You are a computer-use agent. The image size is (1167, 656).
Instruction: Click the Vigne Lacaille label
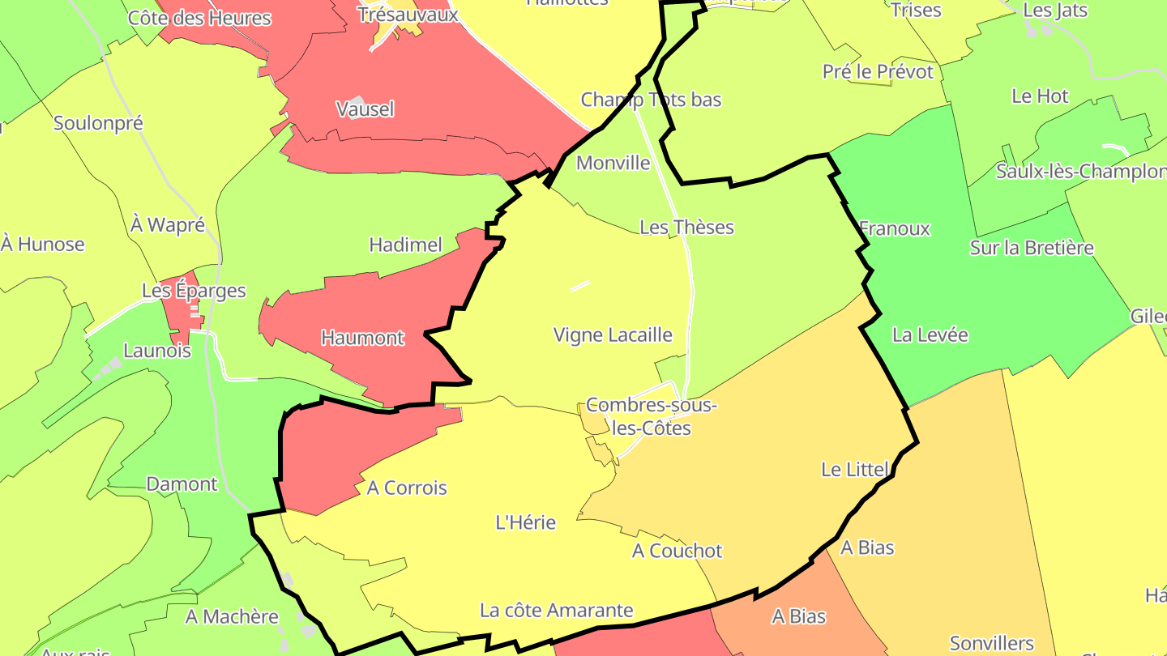point(613,334)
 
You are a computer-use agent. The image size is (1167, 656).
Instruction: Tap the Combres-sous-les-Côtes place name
point(652,416)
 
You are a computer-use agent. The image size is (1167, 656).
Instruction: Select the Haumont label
point(362,338)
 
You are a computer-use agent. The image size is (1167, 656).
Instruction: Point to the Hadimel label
point(405,245)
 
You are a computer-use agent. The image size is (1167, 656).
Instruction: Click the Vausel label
point(365,109)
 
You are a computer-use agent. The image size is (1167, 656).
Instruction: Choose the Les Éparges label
point(194,291)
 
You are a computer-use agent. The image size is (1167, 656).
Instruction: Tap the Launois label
point(157,351)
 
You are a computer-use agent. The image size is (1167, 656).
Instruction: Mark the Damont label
point(182,484)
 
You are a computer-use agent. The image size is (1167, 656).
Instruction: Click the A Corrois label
point(407,488)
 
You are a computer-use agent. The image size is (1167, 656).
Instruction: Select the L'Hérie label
point(526,522)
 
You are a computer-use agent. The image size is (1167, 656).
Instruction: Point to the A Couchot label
point(677,551)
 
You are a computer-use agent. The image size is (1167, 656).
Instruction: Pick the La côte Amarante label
point(556,610)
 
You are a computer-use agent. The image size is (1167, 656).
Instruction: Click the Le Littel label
point(855,469)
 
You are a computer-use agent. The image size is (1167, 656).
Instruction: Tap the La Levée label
point(930,334)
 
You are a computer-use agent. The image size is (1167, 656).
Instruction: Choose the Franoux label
point(894,228)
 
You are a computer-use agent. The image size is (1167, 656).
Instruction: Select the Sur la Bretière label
point(1032,248)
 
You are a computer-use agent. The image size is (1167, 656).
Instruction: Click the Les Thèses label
point(686,228)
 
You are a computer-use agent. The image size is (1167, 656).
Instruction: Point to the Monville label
point(613,163)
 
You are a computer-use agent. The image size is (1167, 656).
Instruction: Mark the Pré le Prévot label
point(878,72)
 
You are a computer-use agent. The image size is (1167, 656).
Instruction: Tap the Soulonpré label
point(98,123)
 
